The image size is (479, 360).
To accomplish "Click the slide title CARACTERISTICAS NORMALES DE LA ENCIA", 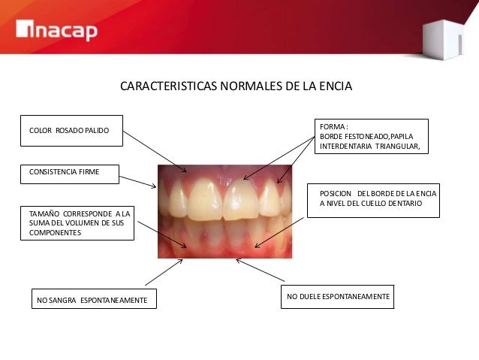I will [x=236, y=87].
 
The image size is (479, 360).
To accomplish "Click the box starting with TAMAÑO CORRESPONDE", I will [x=77, y=223].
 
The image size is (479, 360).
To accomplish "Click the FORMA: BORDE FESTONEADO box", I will [x=372, y=136].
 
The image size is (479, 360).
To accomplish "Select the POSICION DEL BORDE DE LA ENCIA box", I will [x=373, y=199].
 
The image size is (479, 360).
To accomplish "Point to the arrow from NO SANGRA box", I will [x=164, y=273].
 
